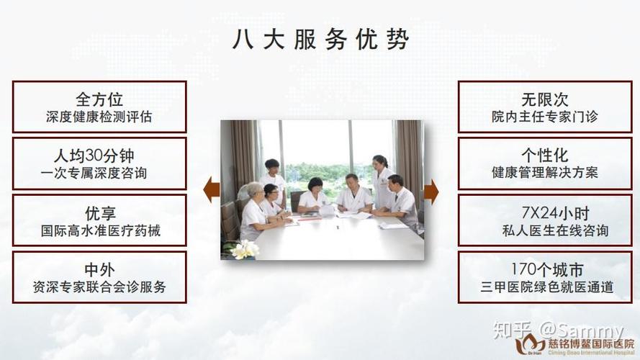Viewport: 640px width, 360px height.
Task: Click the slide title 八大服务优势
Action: point(320,40)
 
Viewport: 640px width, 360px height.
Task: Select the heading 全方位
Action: point(99,99)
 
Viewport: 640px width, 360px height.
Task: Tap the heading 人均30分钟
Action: point(94,156)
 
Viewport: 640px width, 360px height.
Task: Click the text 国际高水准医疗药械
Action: point(101,231)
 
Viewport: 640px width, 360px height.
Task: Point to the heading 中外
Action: point(99,269)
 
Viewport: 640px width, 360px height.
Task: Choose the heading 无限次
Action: point(545,99)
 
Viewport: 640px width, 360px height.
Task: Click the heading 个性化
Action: point(545,155)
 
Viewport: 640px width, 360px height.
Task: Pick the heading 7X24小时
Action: point(556,212)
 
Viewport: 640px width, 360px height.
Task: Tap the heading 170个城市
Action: point(547,269)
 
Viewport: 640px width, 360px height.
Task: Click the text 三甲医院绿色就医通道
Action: point(547,287)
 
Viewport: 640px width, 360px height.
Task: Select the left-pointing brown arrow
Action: point(212,190)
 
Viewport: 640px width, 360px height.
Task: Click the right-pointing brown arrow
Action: point(431,192)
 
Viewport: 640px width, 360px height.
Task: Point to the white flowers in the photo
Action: point(245,249)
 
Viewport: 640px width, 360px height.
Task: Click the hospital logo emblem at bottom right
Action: point(529,344)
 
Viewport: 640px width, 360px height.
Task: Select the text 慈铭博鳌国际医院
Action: point(591,344)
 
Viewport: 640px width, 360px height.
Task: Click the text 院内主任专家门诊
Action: point(545,117)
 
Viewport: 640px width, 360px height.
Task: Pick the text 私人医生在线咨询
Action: point(556,230)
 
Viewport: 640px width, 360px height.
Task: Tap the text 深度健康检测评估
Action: point(99,117)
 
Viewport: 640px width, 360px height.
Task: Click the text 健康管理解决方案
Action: point(545,173)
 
